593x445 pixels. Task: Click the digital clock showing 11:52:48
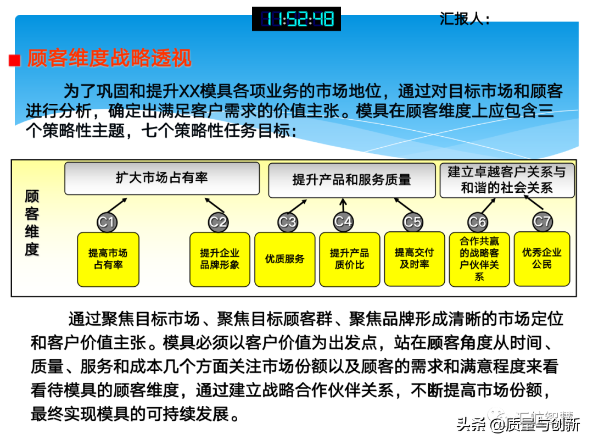[296, 19]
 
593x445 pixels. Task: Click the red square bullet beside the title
[15, 60]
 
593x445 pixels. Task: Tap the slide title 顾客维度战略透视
[109, 58]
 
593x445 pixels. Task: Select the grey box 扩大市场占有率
[162, 178]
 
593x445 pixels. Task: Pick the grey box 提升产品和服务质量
[352, 180]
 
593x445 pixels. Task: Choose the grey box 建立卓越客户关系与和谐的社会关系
[507, 180]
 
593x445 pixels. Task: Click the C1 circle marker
[107, 222]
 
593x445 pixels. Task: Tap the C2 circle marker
[218, 222]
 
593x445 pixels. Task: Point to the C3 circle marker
[287, 222]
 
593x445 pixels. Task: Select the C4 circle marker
[343, 221]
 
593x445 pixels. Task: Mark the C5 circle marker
[412, 222]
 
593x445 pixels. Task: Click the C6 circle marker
[477, 222]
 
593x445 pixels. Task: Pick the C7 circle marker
[542, 221]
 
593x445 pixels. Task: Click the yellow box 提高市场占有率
[108, 259]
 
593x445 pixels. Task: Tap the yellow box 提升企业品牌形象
[220, 259]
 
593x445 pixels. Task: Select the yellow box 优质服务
[285, 259]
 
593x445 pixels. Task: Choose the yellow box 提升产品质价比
[349, 259]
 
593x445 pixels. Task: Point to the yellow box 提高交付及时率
[414, 259]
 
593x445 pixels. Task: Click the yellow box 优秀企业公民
[542, 259]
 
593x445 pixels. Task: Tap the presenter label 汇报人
[464, 19]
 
